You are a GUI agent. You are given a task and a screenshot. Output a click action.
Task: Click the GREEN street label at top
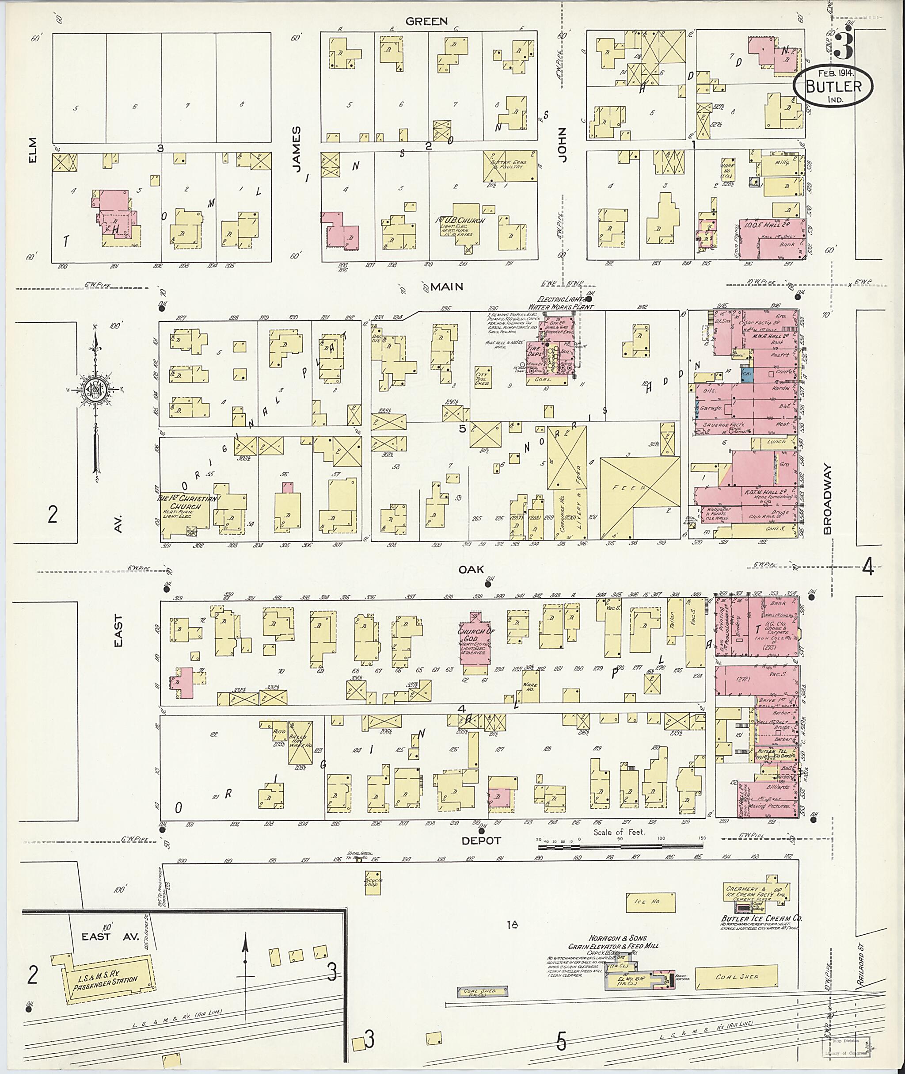[x=426, y=21]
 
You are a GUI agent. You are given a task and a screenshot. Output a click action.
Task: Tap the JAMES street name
[x=297, y=149]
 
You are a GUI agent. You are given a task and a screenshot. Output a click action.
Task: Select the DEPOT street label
[x=481, y=841]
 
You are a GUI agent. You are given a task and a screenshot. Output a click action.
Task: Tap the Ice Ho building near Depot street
[x=650, y=902]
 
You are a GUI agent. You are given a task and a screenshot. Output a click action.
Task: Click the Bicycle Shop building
[x=373, y=882]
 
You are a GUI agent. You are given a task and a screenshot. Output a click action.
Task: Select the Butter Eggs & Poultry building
[x=509, y=166]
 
